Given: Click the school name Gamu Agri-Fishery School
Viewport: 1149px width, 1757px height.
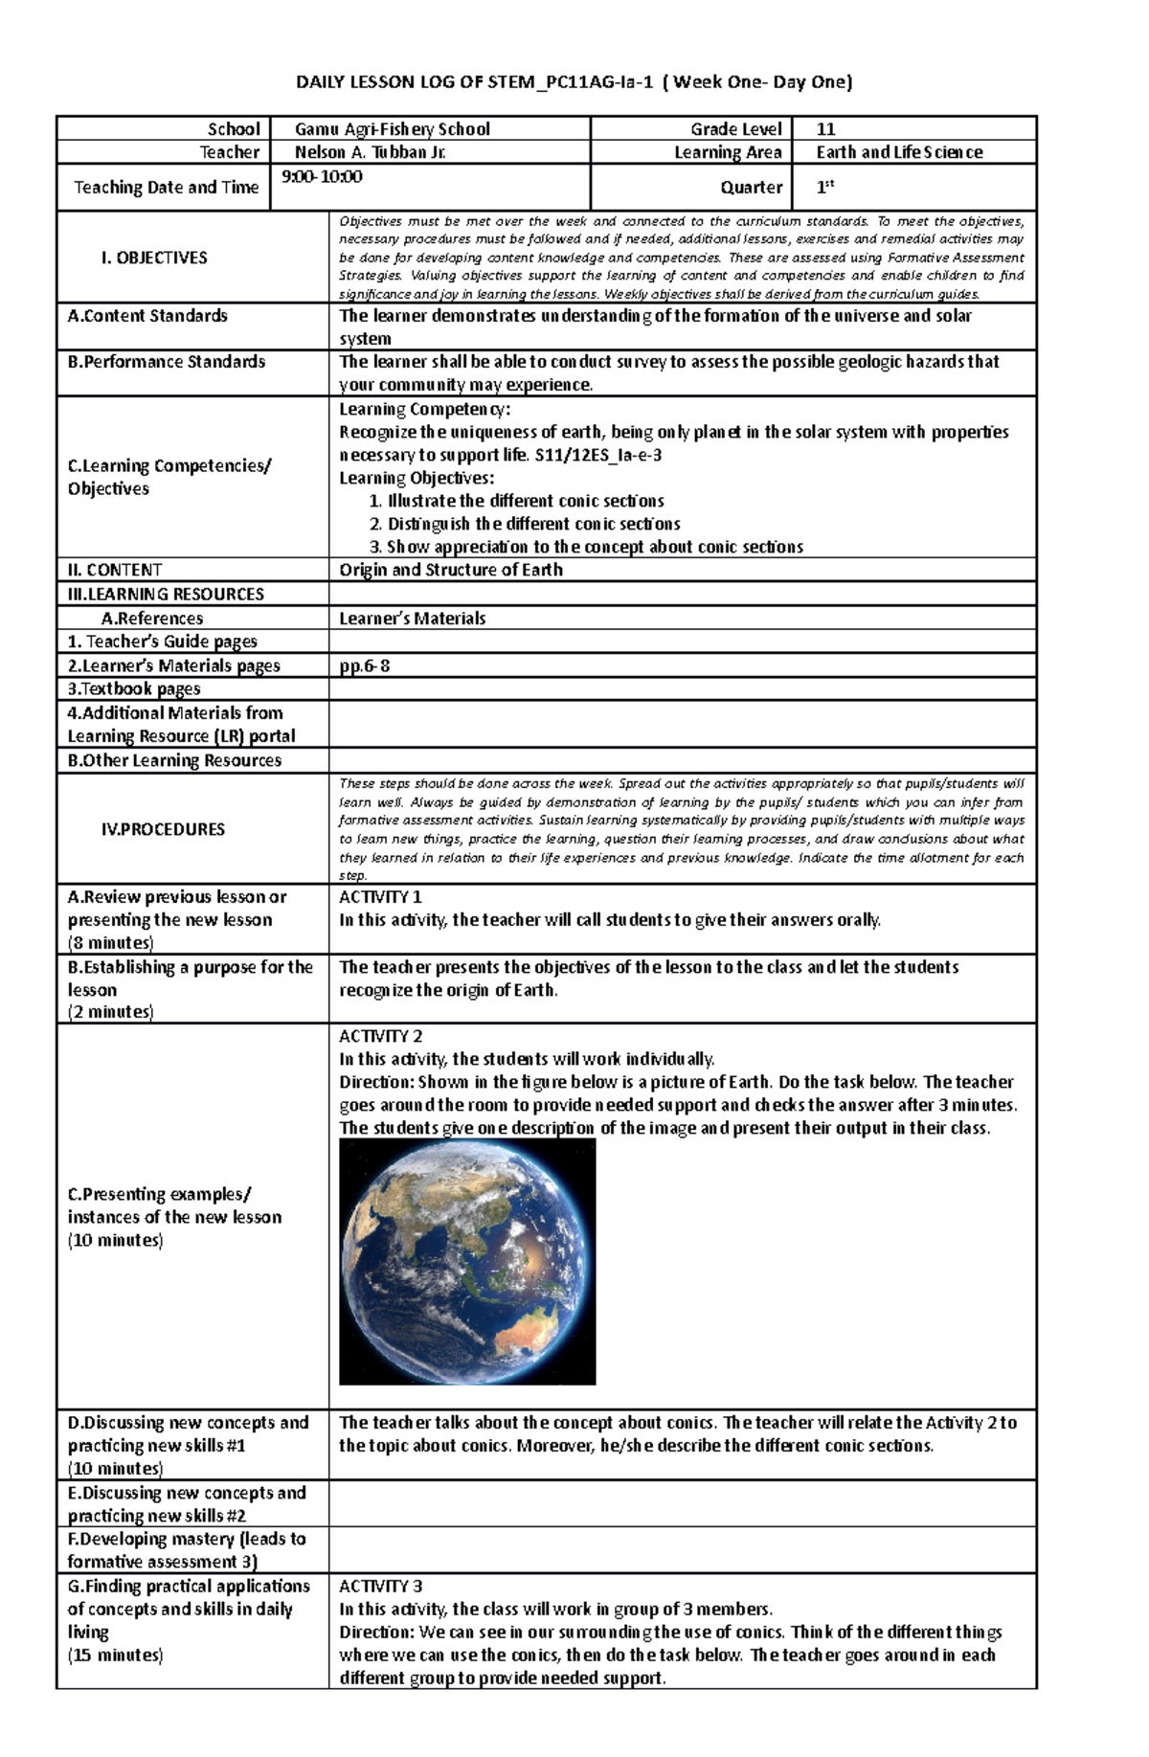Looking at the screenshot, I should [x=393, y=129].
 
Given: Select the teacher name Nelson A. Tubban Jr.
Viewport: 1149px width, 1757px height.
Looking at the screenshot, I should [x=371, y=152].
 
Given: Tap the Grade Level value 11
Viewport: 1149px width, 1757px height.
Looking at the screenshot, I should [x=824, y=129].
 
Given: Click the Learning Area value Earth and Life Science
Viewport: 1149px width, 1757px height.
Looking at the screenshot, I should [x=899, y=152].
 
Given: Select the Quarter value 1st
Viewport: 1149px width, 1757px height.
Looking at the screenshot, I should [x=824, y=188].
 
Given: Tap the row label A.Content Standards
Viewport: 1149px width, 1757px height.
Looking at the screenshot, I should [x=147, y=316].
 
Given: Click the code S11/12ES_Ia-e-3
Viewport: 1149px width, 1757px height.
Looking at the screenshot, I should [x=597, y=456].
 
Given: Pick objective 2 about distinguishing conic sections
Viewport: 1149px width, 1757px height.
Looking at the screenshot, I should [x=524, y=525].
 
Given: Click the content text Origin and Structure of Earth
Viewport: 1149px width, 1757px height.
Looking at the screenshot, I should [x=451, y=570].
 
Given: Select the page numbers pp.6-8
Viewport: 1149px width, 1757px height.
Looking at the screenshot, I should [x=365, y=665].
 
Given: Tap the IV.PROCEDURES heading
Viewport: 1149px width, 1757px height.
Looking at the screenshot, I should [x=163, y=829].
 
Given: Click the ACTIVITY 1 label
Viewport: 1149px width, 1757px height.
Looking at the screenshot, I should [x=381, y=897].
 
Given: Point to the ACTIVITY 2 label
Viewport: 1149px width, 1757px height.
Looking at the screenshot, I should [x=381, y=1036].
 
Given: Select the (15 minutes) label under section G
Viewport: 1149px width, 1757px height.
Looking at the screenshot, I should [x=115, y=1655].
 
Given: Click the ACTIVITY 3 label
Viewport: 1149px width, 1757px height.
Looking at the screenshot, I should [x=381, y=1587].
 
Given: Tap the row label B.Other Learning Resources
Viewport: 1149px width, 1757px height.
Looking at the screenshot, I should [x=174, y=760].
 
